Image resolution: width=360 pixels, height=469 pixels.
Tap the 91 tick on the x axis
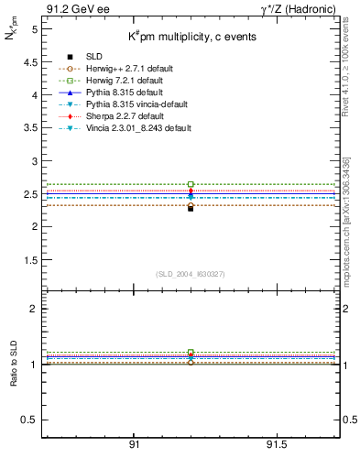134,443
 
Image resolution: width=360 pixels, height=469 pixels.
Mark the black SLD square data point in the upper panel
191,208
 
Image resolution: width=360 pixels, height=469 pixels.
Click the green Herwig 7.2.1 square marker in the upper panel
191,184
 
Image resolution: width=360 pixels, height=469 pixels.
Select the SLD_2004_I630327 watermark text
191,274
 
